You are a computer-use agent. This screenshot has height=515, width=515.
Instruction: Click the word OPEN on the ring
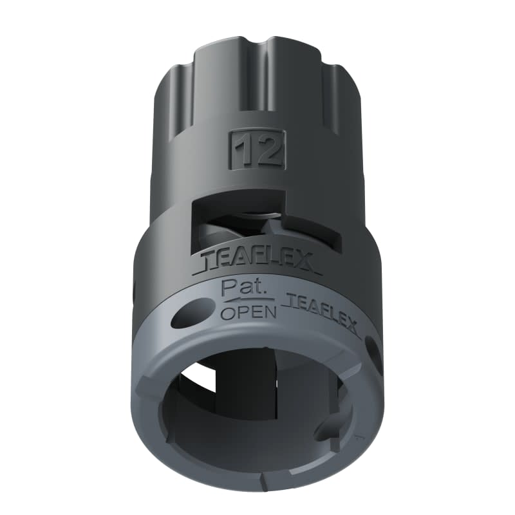pos(248,314)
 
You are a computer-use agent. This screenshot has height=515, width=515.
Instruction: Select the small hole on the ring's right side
pos(372,348)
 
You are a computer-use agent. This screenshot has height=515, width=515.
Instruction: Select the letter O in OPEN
pos(227,314)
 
